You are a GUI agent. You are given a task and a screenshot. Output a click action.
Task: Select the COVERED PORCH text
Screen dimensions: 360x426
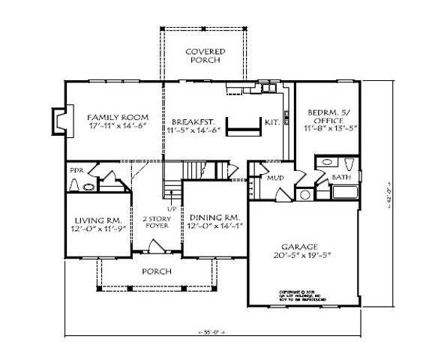pyautogui.click(x=206, y=56)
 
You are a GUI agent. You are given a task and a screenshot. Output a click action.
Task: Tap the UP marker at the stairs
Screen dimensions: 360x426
pyautogui.click(x=171, y=208)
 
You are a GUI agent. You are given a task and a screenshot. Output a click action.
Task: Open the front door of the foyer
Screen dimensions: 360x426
pyautogui.click(x=157, y=246)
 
